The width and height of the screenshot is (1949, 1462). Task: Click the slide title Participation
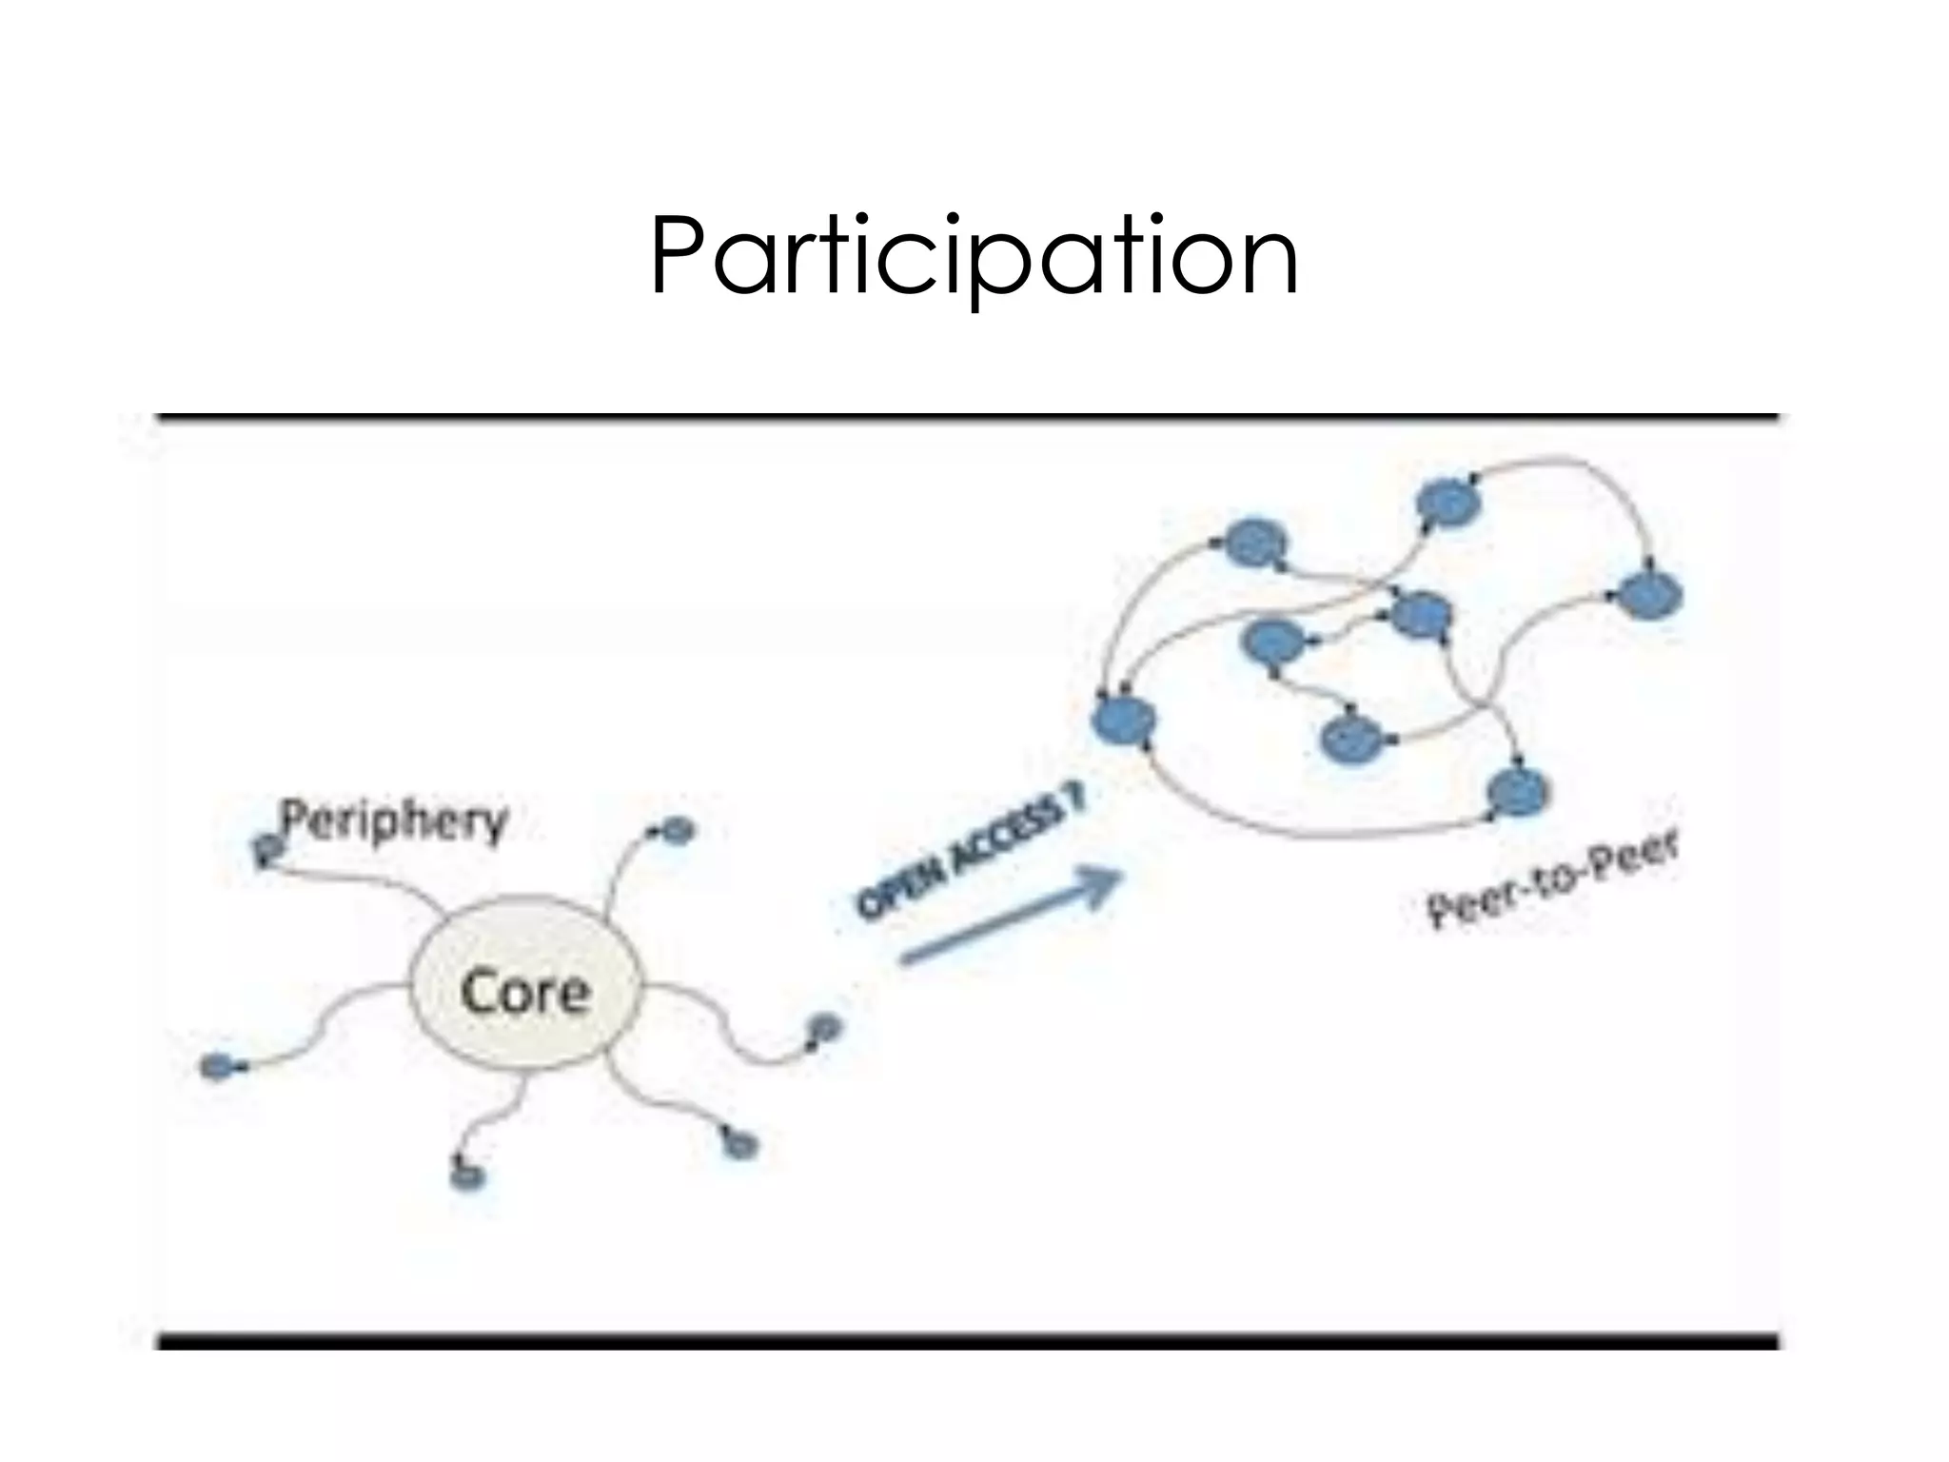click(974, 257)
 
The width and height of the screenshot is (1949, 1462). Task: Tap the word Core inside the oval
click(524, 992)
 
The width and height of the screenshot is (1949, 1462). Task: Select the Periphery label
click(393, 820)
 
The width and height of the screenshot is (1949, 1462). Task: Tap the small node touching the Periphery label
click(267, 846)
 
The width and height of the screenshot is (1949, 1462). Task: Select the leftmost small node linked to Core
click(216, 1066)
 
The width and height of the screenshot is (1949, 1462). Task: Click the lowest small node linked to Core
click(467, 1176)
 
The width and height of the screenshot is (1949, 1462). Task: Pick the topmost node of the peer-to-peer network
click(1448, 503)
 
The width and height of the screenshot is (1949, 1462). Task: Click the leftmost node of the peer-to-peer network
click(1125, 721)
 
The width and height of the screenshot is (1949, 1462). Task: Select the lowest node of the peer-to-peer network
click(1517, 790)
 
